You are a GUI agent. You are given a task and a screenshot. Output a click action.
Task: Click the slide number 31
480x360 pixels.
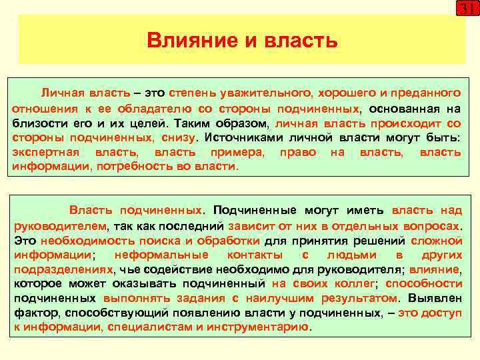coord(466,9)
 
